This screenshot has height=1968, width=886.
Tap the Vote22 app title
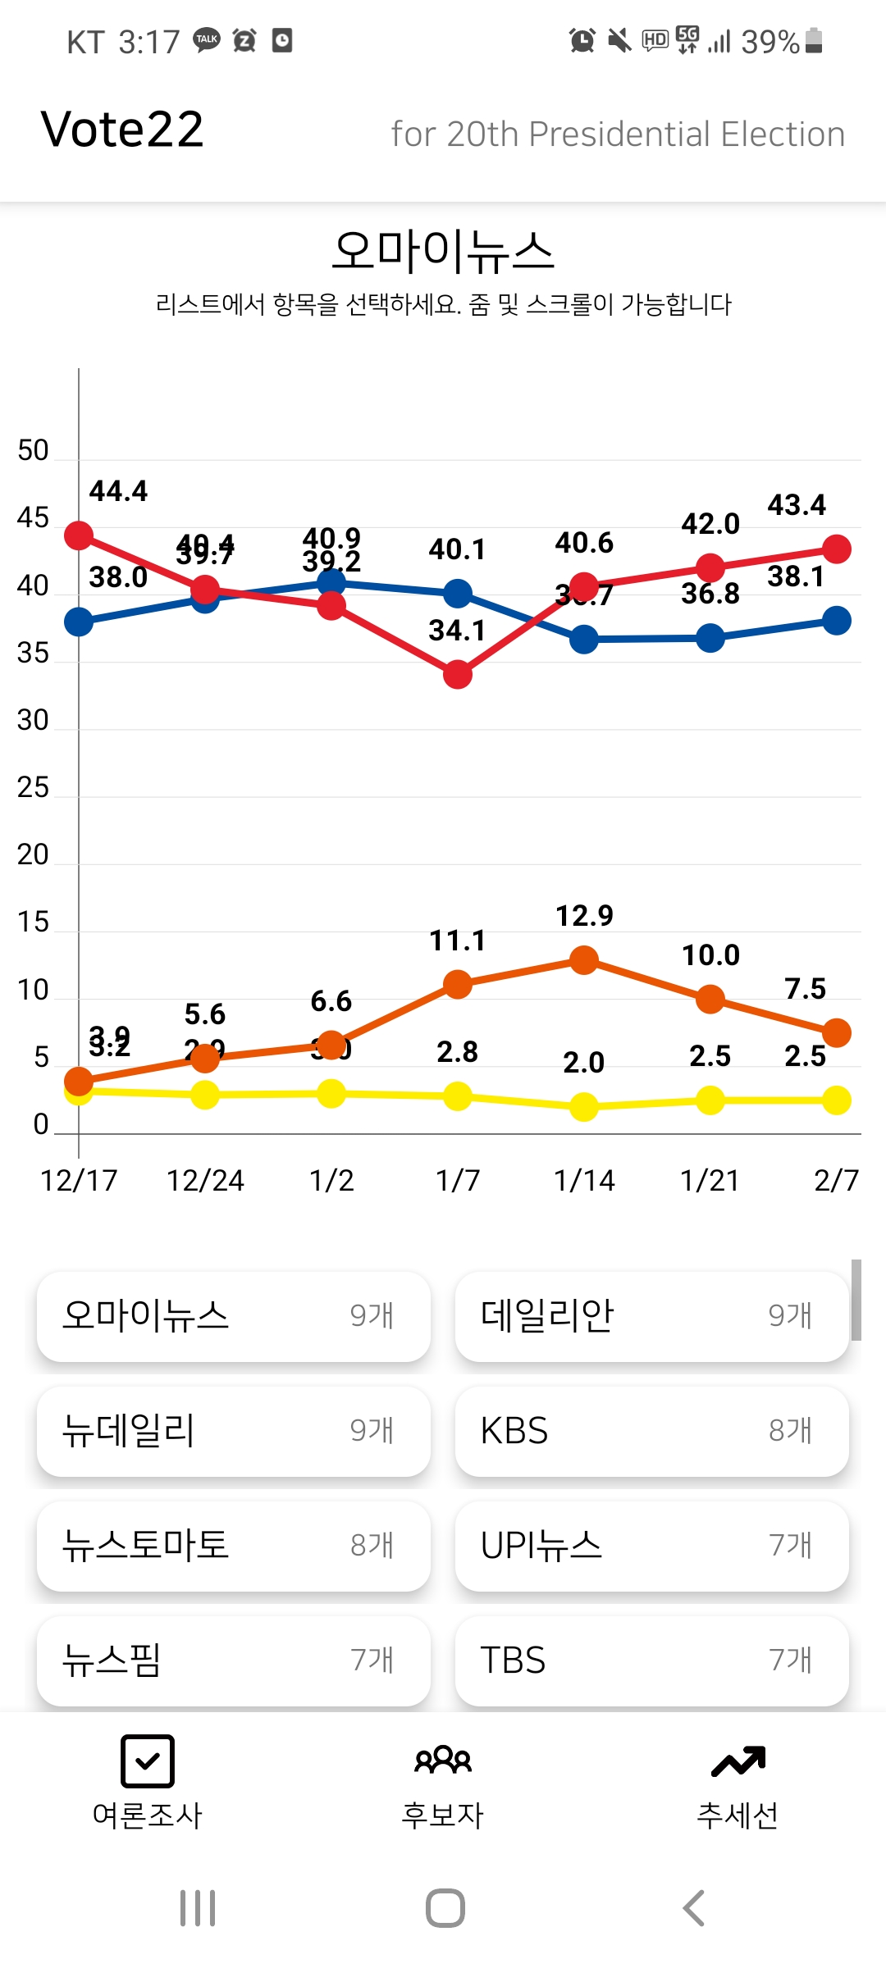click(x=122, y=130)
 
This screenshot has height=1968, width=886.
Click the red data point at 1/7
click(x=458, y=675)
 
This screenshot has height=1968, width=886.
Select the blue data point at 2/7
click(x=836, y=621)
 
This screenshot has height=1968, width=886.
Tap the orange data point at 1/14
click(x=583, y=959)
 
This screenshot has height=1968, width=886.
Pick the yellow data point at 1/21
click(x=710, y=1100)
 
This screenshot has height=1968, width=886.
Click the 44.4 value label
click(x=118, y=491)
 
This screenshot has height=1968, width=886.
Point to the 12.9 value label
click(x=584, y=916)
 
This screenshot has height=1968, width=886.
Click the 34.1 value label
click(x=457, y=631)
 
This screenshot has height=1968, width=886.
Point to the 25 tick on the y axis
click(x=33, y=788)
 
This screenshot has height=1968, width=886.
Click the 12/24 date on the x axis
click(x=205, y=1181)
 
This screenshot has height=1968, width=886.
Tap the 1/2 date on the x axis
click(x=331, y=1181)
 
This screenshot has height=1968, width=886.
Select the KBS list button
click(x=651, y=1431)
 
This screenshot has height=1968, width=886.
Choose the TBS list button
click(x=651, y=1660)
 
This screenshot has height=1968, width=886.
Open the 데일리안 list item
click(x=651, y=1316)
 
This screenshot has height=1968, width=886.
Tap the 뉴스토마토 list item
click(x=233, y=1546)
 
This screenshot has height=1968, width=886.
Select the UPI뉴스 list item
click(x=651, y=1546)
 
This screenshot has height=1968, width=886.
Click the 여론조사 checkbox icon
click(x=148, y=1761)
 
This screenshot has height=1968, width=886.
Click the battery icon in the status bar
click(x=814, y=40)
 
